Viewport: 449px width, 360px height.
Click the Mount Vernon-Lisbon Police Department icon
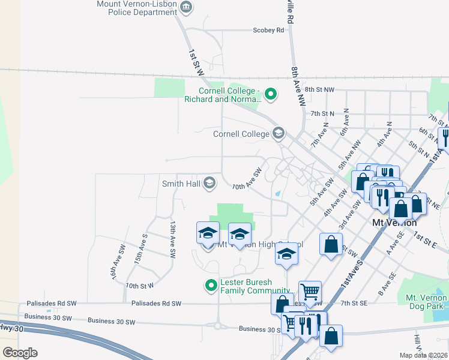click(186, 7)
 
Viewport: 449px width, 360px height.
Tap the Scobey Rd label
click(268, 30)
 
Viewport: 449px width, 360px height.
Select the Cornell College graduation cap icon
click(278, 133)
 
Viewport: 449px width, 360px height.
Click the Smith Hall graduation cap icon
click(209, 183)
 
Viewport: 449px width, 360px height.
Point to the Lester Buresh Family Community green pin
click(211, 285)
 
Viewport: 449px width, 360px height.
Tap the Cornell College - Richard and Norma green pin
click(271, 94)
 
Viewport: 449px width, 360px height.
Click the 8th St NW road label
click(318, 89)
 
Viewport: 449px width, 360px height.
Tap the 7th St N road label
click(322, 113)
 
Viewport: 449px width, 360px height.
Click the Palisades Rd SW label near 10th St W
click(156, 304)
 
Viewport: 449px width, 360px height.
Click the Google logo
click(20, 353)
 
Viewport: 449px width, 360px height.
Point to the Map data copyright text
click(423, 355)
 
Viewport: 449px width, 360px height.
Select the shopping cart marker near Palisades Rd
click(310, 292)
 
